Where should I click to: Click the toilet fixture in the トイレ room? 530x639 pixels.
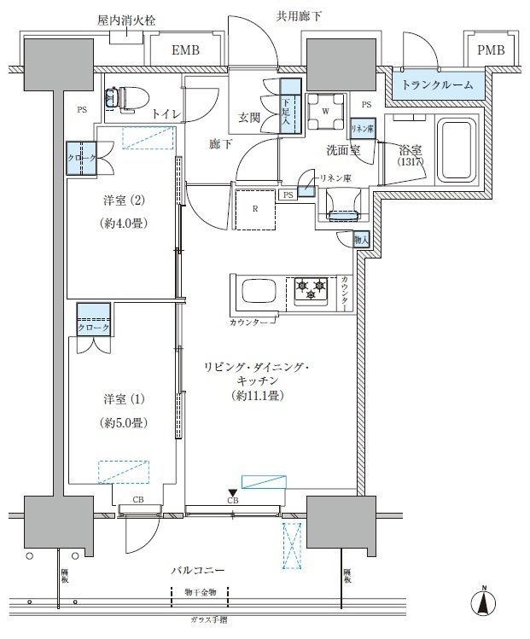120,99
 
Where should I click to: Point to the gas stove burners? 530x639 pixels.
311,291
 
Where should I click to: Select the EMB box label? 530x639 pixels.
185,51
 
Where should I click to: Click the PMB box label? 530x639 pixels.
490,51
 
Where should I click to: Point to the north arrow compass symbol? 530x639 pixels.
483,601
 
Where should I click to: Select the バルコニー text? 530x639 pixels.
199,569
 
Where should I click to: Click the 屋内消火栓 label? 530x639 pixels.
126,19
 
